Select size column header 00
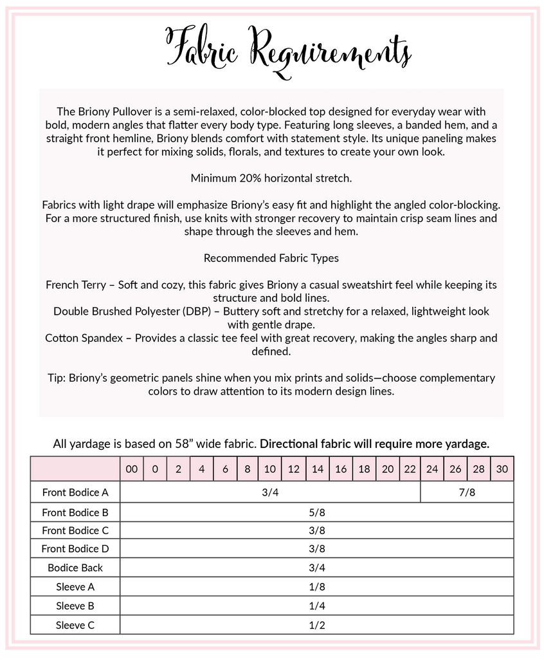pyautogui.click(x=132, y=469)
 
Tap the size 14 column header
pyautogui.click(x=317, y=469)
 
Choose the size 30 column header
pyautogui.click(x=502, y=469)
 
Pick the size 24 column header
pyautogui.click(x=432, y=469)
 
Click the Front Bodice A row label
pyautogui.click(x=75, y=492)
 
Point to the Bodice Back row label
pyautogui.click(x=75, y=568)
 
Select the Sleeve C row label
pyautogui.click(x=75, y=624)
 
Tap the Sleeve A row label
pyautogui.click(x=75, y=587)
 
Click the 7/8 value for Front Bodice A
pyautogui.click(x=467, y=492)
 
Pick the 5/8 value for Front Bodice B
pyautogui.click(x=317, y=512)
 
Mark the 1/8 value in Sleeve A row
pyautogui.click(x=317, y=587)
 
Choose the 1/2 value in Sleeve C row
pyautogui.click(x=317, y=624)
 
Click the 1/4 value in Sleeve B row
pyautogui.click(x=317, y=606)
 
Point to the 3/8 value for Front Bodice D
pyautogui.click(x=317, y=549)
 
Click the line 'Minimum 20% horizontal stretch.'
pyautogui.click(x=271, y=178)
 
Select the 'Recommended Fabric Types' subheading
pyautogui.click(x=271, y=258)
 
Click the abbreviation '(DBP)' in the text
pyautogui.click(x=196, y=311)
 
